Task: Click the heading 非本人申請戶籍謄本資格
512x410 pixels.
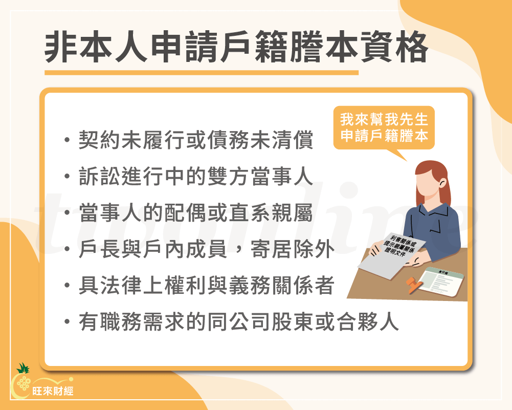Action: click(236, 49)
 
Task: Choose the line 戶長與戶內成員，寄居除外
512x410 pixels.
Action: click(207, 250)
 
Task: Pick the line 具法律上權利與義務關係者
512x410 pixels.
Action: click(207, 286)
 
